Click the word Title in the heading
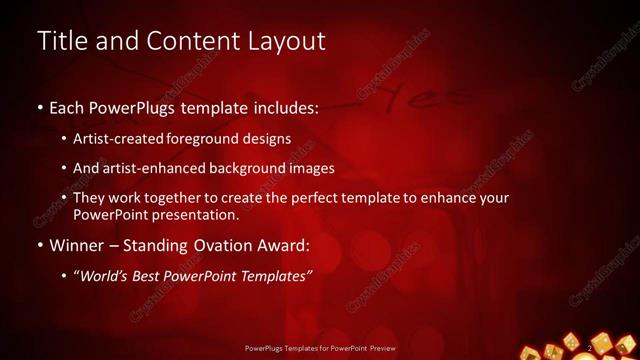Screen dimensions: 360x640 pyautogui.click(x=63, y=42)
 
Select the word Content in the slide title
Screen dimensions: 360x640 pyautogui.click(x=181, y=42)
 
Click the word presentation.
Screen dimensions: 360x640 pyautogui.click(x=199, y=215)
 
